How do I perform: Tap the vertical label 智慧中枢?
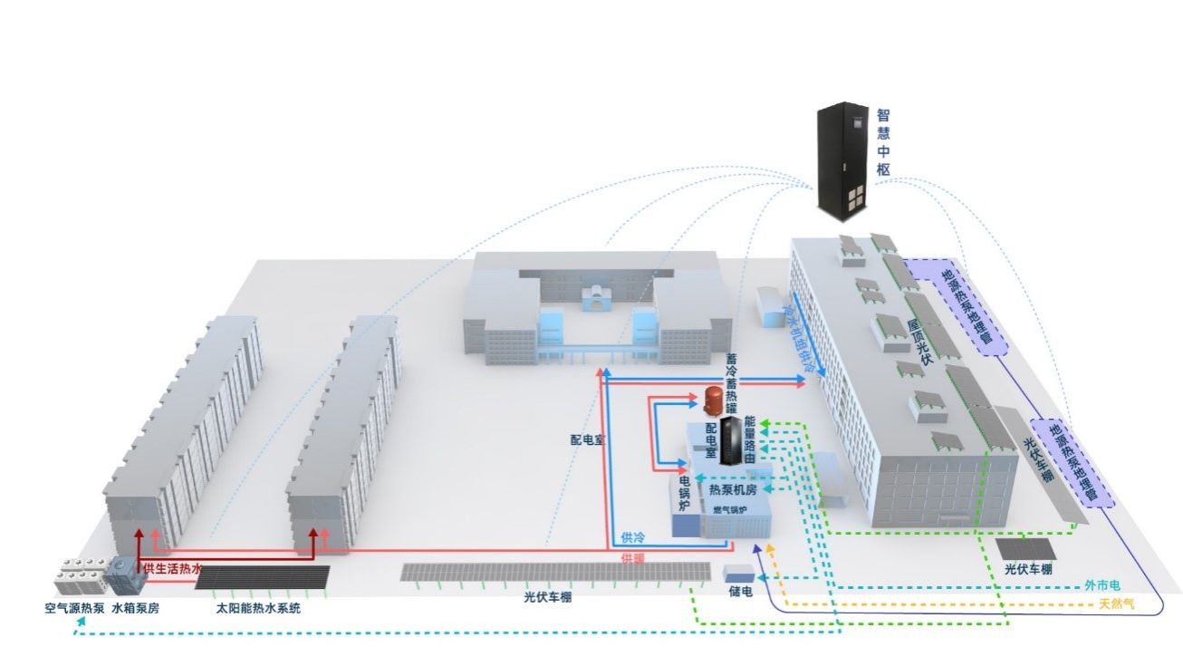click(883, 142)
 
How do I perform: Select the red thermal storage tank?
click(713, 403)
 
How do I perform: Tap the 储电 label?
click(740, 592)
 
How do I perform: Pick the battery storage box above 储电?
click(738, 573)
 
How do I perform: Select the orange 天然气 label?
click(1116, 603)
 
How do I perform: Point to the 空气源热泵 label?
click(74, 609)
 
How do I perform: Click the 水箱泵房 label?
click(135, 609)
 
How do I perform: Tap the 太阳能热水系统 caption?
click(258, 609)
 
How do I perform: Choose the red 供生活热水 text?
click(172, 568)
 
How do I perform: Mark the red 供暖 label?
click(633, 558)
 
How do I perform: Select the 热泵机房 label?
click(732, 490)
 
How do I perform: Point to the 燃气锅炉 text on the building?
click(730, 510)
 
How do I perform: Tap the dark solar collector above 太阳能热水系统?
click(262, 576)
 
